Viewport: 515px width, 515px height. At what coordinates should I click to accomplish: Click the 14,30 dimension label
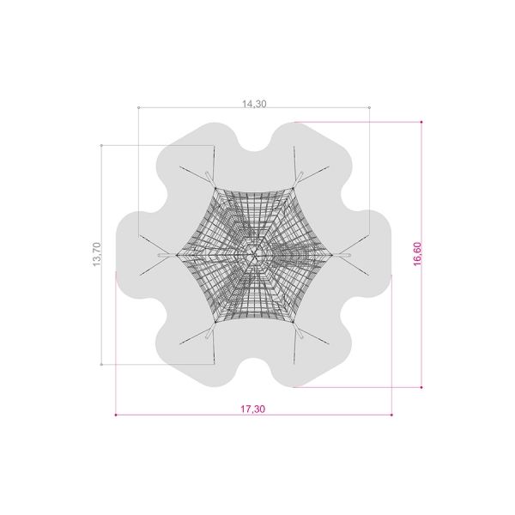(254, 104)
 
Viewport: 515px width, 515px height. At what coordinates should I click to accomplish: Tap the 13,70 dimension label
(97, 255)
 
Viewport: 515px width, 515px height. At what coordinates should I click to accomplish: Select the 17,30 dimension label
(252, 409)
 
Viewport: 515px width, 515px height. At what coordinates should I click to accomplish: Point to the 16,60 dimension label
(417, 254)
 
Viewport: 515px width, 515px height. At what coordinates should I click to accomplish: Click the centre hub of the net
(253, 255)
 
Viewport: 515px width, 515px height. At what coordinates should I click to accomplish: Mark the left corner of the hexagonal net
(176, 255)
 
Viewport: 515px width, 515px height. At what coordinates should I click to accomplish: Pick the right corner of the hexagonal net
(332, 255)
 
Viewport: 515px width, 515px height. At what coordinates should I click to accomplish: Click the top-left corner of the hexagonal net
(215, 188)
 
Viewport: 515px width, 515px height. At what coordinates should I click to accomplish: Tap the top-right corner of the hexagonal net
(293, 188)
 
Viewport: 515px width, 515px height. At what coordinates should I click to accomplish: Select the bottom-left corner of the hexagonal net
(215, 322)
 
